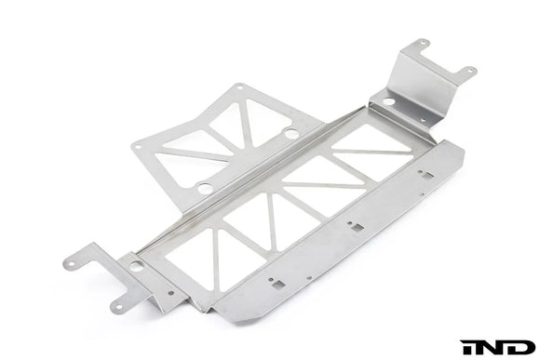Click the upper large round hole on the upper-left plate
tap(292, 134)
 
